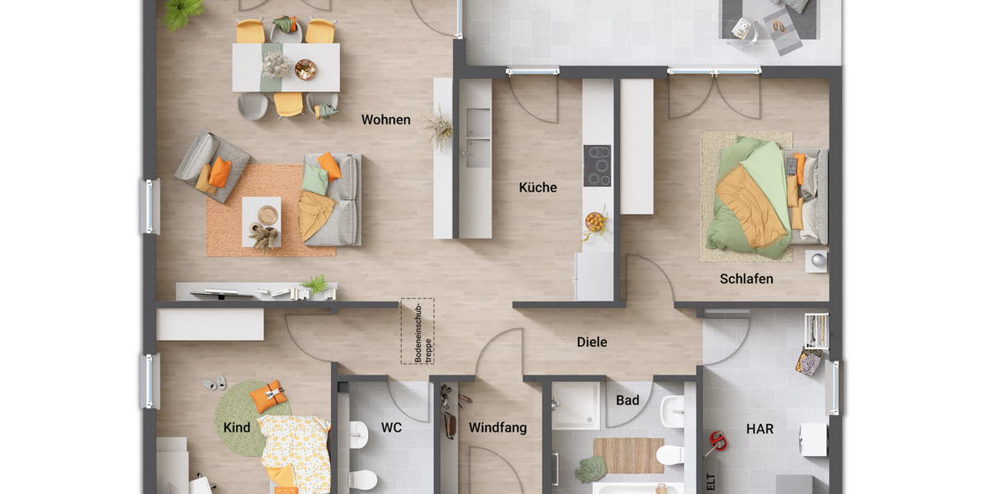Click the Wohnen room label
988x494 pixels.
tap(385, 120)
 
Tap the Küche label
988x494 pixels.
tap(538, 188)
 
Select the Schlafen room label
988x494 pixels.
tap(746, 279)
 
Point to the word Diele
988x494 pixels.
tap(591, 342)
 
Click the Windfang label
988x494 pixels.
tap(497, 428)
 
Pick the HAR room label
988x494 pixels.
tap(759, 429)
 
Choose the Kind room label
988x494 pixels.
tap(236, 428)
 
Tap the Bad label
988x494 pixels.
tap(627, 401)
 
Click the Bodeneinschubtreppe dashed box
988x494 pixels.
tap(417, 331)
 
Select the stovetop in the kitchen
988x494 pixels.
tap(597, 165)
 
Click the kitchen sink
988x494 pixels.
tap(476, 136)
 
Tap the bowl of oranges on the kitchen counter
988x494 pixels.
tap(594, 221)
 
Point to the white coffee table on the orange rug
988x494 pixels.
tap(261, 221)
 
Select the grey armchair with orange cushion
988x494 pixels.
tap(211, 165)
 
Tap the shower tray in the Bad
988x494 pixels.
tap(576, 405)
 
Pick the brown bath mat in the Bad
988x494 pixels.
tap(628, 454)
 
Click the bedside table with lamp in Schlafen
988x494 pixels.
tap(816, 260)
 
